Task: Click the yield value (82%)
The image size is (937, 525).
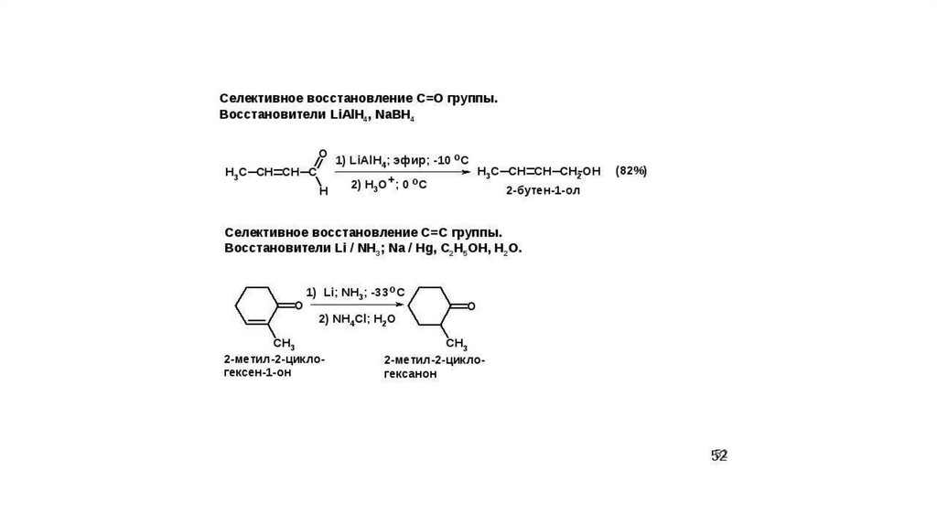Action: [631, 171]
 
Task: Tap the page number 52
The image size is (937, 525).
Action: [720, 455]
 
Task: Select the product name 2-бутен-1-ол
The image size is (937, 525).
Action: [544, 193]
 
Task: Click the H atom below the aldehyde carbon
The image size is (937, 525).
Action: [322, 191]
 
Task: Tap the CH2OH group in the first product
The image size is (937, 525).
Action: [580, 172]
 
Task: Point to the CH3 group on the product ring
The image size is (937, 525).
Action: [457, 344]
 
